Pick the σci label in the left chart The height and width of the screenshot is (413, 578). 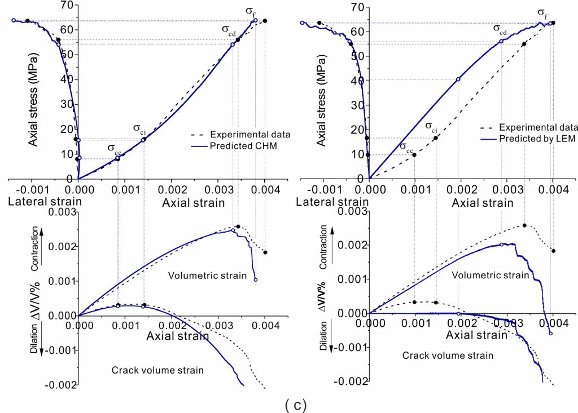139,128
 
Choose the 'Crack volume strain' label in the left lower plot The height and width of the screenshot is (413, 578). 157,370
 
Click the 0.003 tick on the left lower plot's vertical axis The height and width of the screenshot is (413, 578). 60,212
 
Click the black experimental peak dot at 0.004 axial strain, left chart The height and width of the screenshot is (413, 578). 265,21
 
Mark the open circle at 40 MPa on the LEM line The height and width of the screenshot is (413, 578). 458,79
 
